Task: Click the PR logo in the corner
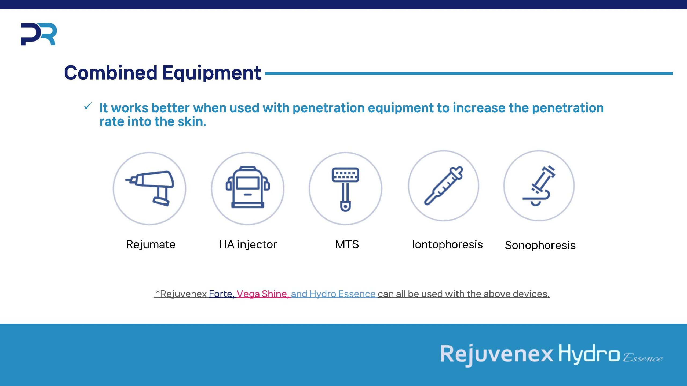point(39,34)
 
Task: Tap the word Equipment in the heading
point(211,73)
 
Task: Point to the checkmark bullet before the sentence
point(88,106)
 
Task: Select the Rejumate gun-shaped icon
point(149,188)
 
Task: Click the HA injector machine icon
point(247,187)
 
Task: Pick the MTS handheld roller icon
point(345,189)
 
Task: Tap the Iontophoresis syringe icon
point(443,185)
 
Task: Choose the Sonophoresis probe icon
point(539,185)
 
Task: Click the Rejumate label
point(151,245)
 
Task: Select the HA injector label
point(248,244)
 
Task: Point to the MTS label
point(347,244)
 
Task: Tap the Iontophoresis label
point(447,244)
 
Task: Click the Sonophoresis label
point(540,245)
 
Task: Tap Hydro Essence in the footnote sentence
point(342,294)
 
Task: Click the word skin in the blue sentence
point(192,121)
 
